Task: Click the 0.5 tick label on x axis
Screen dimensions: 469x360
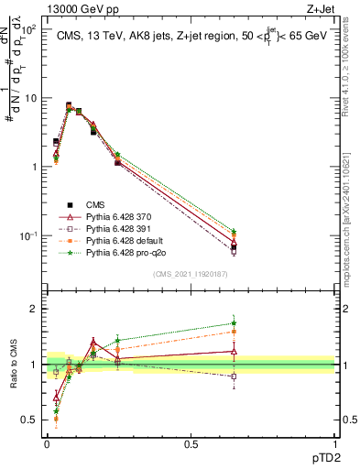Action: pos(191,442)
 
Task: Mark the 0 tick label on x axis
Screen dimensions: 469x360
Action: pos(47,442)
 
